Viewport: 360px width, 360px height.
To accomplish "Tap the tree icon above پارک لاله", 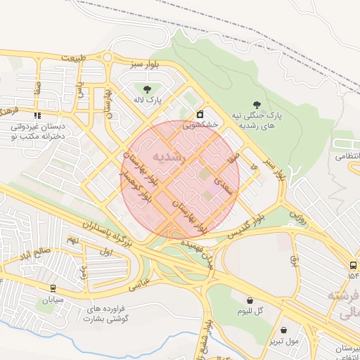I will (147, 89).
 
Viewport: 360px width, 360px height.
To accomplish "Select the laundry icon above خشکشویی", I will (200, 114).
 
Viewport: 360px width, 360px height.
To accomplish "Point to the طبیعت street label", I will (76, 57).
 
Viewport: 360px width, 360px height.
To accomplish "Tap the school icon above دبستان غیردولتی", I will (37, 115).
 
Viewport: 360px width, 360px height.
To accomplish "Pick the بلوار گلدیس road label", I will (240, 229).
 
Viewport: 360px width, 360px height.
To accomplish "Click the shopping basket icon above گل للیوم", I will (250, 300).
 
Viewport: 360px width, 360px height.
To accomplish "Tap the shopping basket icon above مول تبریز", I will (283, 330).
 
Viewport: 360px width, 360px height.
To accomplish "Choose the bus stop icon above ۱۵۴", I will (352, 265).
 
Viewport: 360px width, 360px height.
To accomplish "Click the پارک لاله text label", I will (149, 101).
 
